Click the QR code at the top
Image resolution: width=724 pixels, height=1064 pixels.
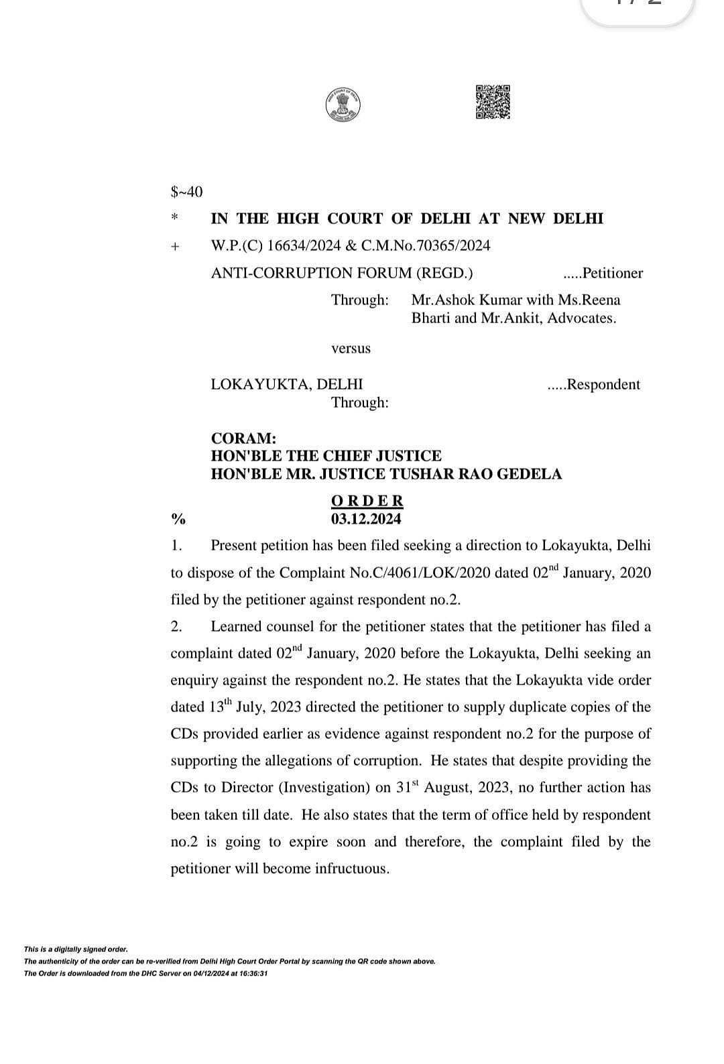point(493,102)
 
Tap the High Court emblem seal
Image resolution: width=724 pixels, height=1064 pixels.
point(343,105)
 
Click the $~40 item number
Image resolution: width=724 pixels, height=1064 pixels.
point(186,192)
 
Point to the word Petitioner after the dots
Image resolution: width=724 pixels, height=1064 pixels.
point(613,273)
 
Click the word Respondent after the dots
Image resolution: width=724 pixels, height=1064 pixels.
point(603,384)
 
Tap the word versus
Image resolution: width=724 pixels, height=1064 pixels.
point(351,349)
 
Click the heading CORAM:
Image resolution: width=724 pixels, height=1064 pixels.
point(243,438)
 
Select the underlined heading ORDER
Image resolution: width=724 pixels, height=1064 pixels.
point(367,501)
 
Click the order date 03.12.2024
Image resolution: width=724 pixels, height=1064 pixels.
point(366,519)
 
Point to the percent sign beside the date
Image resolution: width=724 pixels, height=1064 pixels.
point(178,519)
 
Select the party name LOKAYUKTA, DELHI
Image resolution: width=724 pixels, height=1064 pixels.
point(287,384)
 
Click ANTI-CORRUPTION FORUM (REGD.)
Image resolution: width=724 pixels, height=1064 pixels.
point(342,273)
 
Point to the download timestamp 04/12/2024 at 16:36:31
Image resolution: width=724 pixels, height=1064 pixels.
point(221,973)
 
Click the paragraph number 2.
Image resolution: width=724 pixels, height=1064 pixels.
point(176,627)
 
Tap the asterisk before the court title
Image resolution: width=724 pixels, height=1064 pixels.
point(175,219)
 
